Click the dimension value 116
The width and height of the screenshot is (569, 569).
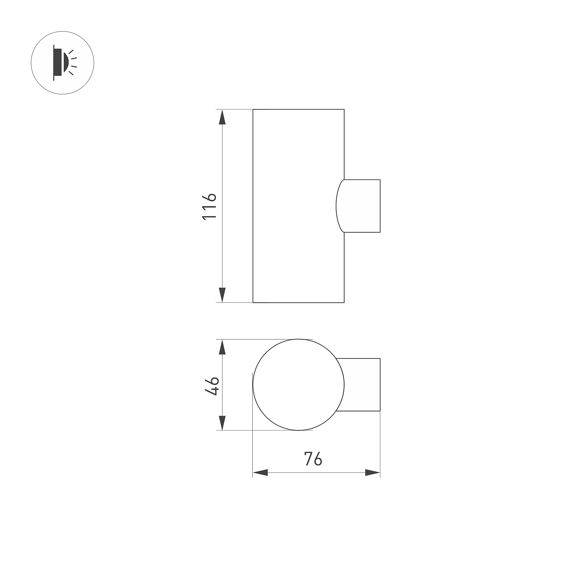pos(209,206)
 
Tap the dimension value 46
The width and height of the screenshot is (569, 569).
pos(212,386)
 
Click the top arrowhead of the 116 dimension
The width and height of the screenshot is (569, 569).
pos(222,117)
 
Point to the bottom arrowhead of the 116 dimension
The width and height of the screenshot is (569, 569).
pos(222,295)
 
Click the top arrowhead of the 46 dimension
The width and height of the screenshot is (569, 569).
pos(222,347)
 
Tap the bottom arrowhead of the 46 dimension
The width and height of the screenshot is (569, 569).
pos(222,423)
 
